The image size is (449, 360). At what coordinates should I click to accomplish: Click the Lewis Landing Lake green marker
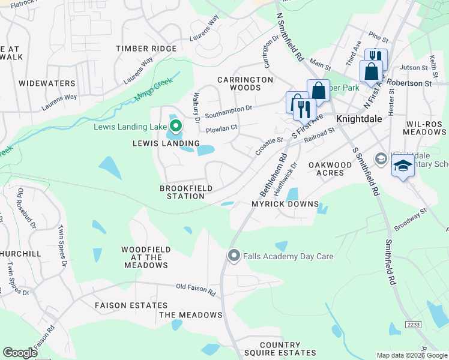point(175,126)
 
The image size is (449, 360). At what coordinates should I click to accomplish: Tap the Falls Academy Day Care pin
point(234,256)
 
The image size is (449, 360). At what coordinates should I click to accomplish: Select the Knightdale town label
point(358,119)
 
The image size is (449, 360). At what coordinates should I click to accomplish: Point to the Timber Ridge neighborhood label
point(146,49)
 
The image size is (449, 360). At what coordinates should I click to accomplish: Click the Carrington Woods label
point(245,83)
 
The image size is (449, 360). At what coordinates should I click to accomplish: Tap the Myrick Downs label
point(285,204)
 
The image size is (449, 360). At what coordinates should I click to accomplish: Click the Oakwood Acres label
point(330,169)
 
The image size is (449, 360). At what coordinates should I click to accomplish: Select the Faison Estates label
point(131,305)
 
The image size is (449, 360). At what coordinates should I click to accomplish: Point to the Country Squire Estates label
point(280,349)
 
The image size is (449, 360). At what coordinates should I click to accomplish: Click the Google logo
point(20,353)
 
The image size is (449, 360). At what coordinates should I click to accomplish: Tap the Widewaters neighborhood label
point(47,83)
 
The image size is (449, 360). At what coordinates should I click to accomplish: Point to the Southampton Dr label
point(228,110)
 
